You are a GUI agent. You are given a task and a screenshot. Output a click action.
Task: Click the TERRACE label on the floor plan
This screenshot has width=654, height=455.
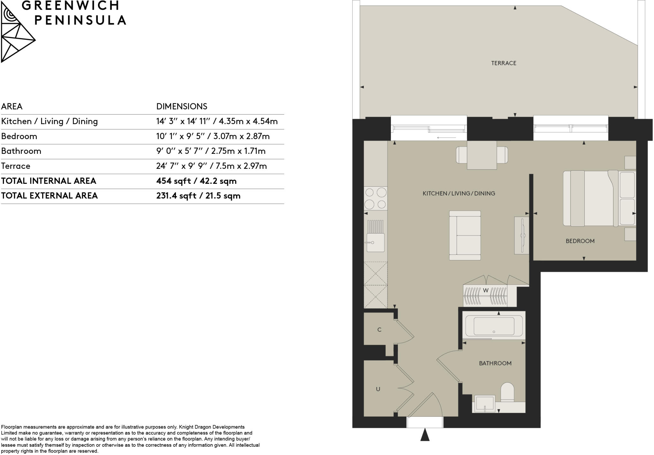504,63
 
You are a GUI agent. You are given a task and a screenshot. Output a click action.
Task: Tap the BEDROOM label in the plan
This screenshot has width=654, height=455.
580,241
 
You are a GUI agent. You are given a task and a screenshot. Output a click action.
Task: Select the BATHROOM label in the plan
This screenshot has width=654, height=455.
495,363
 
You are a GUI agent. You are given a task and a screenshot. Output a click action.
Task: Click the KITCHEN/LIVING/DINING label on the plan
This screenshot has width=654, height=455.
459,193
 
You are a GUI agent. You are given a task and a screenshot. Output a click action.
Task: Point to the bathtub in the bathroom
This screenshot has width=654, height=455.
494,326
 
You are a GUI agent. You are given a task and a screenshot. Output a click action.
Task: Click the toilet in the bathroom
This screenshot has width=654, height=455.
507,392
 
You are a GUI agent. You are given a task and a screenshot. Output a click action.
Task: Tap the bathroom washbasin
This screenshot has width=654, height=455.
485,404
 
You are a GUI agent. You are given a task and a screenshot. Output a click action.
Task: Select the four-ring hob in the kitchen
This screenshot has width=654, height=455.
376,198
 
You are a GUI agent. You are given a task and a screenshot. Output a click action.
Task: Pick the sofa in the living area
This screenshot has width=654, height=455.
465,235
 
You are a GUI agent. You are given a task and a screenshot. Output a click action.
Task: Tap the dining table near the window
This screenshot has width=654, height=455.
482,155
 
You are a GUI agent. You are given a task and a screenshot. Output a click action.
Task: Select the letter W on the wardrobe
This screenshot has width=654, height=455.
485,290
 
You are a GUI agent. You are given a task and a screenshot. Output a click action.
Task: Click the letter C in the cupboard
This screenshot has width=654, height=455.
379,330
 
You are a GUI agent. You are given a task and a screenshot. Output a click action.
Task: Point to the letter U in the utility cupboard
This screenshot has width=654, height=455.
378,389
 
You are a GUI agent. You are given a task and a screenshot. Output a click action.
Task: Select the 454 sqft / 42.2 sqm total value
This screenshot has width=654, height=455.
196,181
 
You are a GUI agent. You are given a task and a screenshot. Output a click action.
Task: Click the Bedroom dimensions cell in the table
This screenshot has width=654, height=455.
213,136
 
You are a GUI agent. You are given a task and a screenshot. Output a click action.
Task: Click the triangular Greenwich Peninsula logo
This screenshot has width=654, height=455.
16,35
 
